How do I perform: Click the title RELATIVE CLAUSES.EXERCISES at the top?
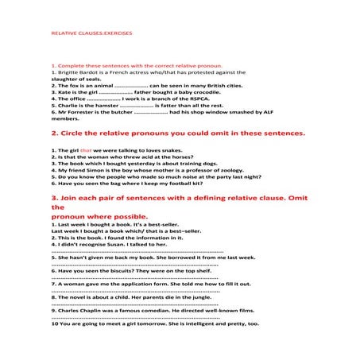(91, 36)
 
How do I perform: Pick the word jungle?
(189, 297)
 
